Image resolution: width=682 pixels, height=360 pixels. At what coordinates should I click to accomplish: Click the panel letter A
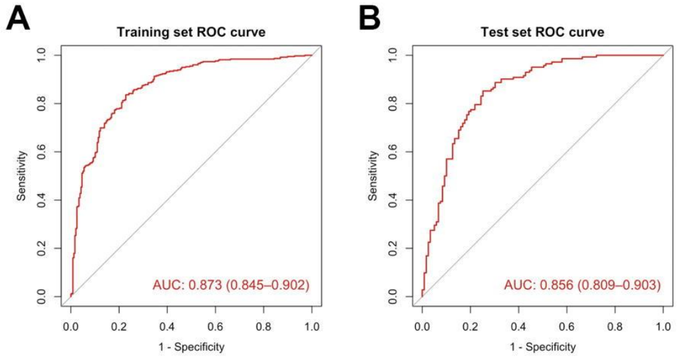(x=19, y=20)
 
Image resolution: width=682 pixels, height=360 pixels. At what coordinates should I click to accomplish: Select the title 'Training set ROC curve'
(x=191, y=32)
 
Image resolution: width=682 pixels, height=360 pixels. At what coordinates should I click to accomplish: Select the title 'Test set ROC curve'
(x=542, y=32)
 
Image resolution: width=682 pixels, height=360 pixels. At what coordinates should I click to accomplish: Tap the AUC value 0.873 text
(x=231, y=286)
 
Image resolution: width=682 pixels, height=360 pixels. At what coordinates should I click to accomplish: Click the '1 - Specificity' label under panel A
(x=191, y=346)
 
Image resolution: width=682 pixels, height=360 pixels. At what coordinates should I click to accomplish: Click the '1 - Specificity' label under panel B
(x=542, y=346)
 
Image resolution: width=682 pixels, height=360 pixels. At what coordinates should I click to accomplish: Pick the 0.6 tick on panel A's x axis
(x=216, y=327)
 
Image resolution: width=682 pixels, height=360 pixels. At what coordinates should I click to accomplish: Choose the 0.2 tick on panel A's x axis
(x=119, y=327)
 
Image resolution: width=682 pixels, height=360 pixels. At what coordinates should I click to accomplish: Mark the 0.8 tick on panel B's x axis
(x=615, y=327)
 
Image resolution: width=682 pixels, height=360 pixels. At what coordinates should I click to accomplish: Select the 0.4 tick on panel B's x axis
(x=518, y=327)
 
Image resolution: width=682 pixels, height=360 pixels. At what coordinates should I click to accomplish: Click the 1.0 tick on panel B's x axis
(x=663, y=327)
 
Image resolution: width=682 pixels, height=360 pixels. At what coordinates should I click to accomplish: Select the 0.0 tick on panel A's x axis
(x=71, y=327)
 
